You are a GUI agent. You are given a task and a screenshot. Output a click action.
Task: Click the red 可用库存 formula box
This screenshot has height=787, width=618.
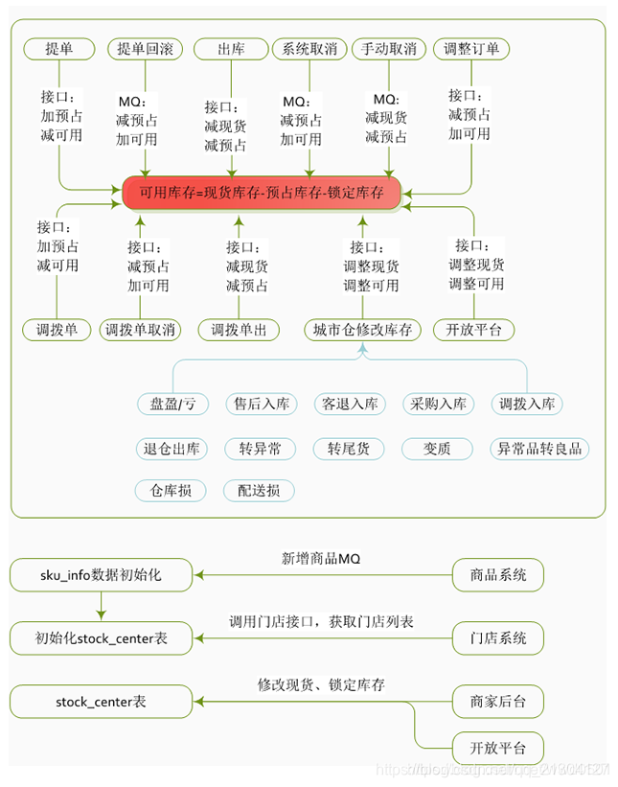coord(262,192)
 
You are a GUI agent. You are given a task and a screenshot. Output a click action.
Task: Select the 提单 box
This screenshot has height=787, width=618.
coord(58,49)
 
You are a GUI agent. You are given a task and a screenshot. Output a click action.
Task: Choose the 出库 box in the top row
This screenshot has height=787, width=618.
coord(230,49)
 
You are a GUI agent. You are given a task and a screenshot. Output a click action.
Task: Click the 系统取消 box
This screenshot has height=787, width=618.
coord(309,49)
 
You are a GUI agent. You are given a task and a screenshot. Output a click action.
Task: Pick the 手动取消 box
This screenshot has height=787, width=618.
coord(389,49)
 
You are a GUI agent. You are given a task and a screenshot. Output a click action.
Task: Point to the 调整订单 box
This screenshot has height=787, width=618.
coord(471,49)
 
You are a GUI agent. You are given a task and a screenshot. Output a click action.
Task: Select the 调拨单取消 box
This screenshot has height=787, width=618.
coord(141,330)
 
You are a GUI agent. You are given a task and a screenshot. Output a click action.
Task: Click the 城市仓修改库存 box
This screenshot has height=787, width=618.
coord(362,330)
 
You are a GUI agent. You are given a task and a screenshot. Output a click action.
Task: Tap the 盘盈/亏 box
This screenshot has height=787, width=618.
coord(172,404)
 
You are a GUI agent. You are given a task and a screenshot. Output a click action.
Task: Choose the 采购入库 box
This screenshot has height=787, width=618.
coord(438,404)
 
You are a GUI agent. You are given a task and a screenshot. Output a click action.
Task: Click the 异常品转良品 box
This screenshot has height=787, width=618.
coord(538,448)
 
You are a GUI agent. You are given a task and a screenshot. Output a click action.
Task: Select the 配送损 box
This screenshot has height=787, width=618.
coord(260,491)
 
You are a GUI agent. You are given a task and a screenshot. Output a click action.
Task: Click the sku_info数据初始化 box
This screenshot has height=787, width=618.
coord(101,576)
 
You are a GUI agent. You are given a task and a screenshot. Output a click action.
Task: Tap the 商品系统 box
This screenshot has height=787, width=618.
coord(496,576)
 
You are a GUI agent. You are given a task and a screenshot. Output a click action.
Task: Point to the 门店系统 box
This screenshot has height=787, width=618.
coord(496,637)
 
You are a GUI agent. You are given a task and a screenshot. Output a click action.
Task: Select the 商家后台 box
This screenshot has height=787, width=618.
coord(496,702)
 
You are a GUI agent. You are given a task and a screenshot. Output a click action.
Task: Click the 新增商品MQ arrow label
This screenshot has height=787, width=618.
coord(321,558)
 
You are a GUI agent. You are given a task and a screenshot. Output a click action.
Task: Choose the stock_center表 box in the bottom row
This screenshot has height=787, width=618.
coord(101,702)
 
